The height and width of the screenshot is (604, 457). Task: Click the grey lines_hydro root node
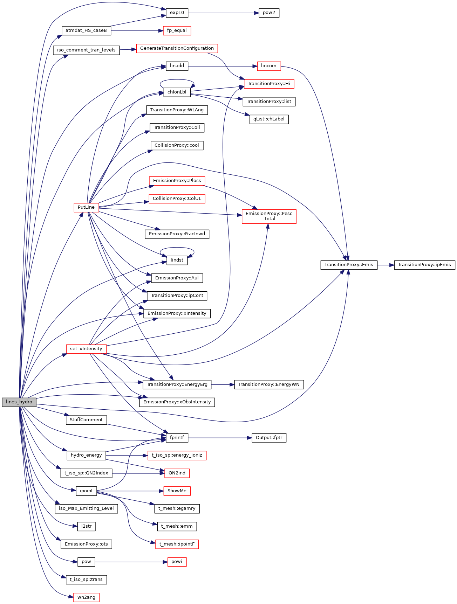(x=19, y=402)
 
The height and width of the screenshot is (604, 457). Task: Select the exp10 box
(x=177, y=13)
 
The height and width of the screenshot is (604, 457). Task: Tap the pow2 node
(x=269, y=13)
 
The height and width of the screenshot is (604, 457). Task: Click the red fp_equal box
(x=177, y=30)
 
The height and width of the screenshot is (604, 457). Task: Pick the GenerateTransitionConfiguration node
(x=177, y=48)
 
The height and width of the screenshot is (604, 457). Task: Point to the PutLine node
(x=86, y=207)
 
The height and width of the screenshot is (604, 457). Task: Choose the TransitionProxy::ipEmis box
(x=424, y=265)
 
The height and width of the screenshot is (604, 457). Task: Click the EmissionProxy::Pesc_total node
(x=269, y=216)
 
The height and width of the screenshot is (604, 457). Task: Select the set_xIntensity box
(x=86, y=349)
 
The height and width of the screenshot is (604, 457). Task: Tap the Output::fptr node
(x=269, y=438)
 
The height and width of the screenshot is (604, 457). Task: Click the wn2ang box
(x=86, y=597)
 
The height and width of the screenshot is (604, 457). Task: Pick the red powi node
(x=177, y=562)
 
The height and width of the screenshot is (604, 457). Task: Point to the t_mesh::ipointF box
(x=177, y=544)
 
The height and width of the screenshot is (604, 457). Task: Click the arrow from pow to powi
(x=130, y=562)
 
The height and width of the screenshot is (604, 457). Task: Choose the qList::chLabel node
(x=269, y=119)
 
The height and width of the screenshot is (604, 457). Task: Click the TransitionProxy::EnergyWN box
(x=269, y=384)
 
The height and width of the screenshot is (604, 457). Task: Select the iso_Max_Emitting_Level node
(x=86, y=508)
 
